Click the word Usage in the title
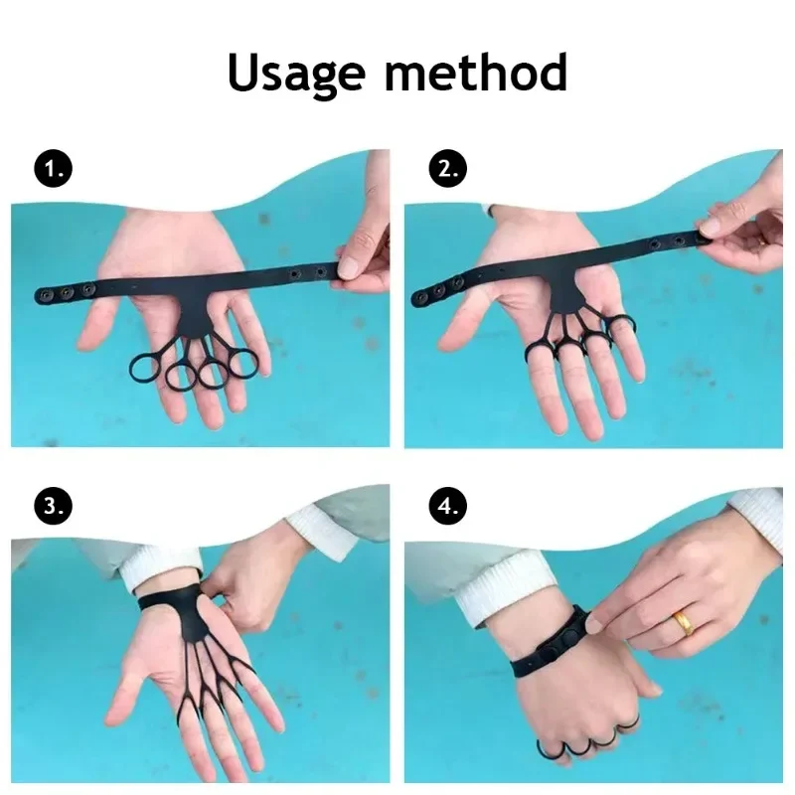[296, 74]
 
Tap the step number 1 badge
[54, 168]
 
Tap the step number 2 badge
[448, 168]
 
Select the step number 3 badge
[54, 506]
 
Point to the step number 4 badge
[448, 506]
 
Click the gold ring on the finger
[683, 623]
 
